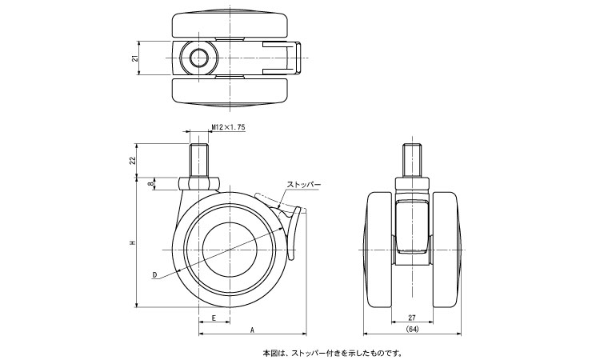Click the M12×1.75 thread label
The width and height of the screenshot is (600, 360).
point(230,126)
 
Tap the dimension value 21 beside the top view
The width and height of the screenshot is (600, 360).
point(135,58)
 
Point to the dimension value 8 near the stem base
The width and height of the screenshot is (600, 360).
point(152,185)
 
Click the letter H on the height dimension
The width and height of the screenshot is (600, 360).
point(135,243)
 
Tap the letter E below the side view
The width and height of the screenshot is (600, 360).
point(214,318)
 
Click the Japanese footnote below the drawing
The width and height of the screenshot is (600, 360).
point(332,352)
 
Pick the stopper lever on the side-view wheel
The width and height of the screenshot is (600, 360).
point(294,232)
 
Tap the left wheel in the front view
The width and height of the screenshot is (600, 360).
point(380,248)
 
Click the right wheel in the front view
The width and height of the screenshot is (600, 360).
point(447,248)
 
